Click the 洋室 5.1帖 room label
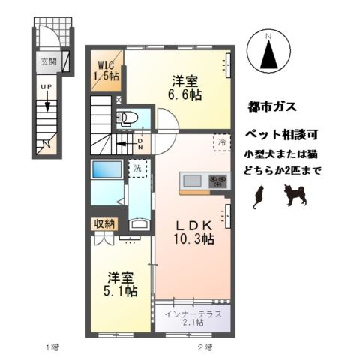120,283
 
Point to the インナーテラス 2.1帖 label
193,317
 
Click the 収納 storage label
103,224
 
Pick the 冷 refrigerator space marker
221,140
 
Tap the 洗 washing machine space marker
137,169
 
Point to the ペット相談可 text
278,136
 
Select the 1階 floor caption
51,346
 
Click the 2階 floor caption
204,346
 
